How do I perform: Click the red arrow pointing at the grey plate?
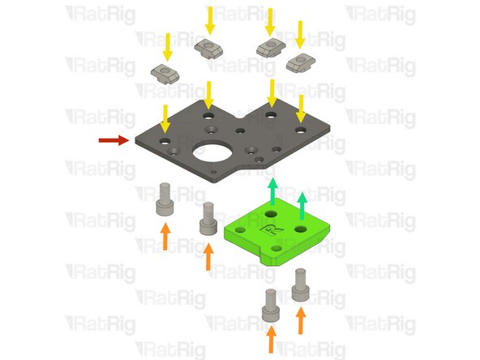coord(113,140)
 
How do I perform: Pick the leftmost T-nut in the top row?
coord(169,74)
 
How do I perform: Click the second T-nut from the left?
coord(208,49)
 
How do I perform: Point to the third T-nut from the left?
coord(270,48)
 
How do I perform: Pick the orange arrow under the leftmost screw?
coord(165,237)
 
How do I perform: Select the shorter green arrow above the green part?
coord(303,206)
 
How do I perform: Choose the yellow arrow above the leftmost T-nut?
coord(168,44)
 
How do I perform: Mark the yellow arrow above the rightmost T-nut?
coord(301,32)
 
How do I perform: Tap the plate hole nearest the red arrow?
coord(164,140)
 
